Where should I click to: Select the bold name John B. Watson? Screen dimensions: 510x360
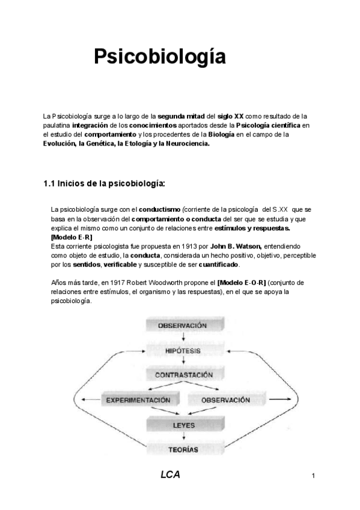[x=237, y=247]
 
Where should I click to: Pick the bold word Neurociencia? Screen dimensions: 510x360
[x=183, y=143]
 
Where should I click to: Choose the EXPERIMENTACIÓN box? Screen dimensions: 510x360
[x=138, y=400]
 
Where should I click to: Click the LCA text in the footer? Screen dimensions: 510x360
[x=170, y=475]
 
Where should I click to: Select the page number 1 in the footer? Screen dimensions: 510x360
[x=313, y=477]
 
